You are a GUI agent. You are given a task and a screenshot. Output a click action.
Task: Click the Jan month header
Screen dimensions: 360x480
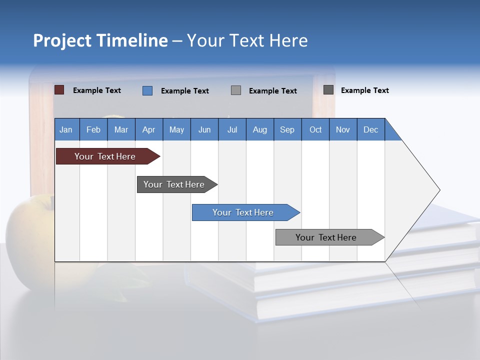point(66,129)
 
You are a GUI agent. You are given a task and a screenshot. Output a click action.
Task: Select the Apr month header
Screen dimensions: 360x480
point(149,129)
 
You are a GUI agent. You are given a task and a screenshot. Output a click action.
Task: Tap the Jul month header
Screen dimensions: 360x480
point(232,129)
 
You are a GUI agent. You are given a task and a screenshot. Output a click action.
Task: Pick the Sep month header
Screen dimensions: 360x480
point(287,129)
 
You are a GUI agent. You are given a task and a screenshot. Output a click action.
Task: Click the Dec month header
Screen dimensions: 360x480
point(370,129)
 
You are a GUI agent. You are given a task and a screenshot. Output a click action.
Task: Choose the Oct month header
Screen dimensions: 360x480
point(315,129)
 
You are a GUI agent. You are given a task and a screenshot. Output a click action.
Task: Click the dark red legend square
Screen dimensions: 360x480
point(59,90)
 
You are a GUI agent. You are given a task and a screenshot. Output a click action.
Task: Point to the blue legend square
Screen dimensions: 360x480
point(147,90)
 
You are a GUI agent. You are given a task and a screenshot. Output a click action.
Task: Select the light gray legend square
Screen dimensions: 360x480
point(236,90)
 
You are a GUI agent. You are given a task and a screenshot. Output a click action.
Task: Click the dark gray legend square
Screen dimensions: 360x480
point(328,90)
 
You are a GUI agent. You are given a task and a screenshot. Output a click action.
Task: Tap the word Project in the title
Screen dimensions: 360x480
point(62,40)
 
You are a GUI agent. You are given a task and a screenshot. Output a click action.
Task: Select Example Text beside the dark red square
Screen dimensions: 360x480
point(97,90)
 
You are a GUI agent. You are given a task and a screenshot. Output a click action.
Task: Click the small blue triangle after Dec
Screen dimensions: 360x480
point(392,133)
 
